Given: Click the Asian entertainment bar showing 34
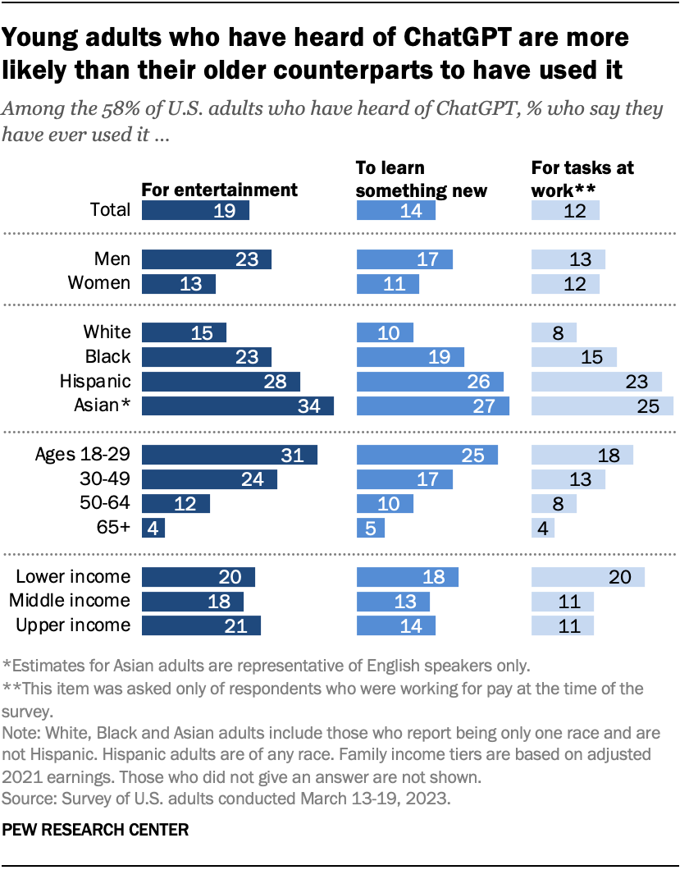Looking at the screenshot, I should pos(238,406).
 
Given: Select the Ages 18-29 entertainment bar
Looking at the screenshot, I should pos(230,455).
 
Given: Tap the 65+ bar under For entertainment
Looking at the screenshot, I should pos(153,528).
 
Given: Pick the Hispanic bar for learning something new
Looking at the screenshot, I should pos(430,382).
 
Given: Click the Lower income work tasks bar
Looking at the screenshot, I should pos(587,577).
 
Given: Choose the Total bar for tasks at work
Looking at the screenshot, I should pos(565,210).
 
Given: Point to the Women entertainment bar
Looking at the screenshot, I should pos(179,283).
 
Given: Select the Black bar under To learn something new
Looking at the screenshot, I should pos(410,357).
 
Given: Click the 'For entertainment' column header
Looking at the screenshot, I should pos(220,190).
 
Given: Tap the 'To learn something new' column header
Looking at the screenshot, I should pos(421,179).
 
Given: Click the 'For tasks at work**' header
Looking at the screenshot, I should pos(582,179).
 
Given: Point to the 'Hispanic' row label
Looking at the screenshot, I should pos(95,382).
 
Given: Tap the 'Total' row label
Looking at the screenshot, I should pos(110,210).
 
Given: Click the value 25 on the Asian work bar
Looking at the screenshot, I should pos(648,406).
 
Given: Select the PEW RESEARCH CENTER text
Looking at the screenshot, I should pos(96,830).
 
